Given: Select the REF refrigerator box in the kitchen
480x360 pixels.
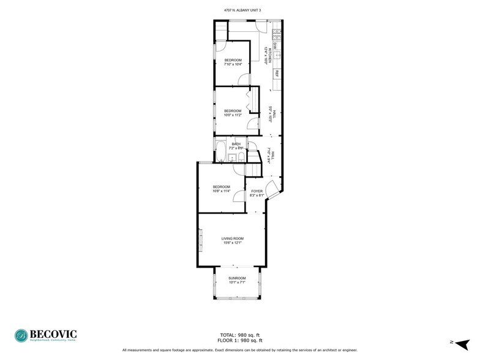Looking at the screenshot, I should click(x=277, y=74).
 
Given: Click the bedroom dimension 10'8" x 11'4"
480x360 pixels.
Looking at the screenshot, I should click(x=221, y=191).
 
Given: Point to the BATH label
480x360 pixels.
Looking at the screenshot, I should click(x=236, y=144).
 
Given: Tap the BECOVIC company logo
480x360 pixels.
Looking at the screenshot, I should click(x=46, y=335).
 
